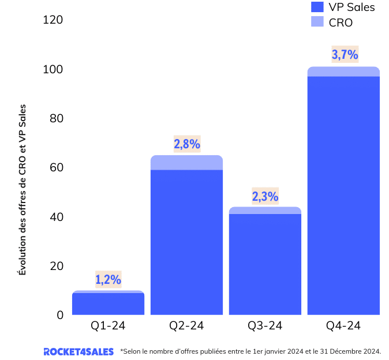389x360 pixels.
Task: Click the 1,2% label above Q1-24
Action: (x=108, y=280)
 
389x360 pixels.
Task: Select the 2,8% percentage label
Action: (x=186, y=144)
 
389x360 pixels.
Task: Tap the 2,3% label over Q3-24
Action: (x=265, y=196)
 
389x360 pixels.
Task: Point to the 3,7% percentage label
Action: (x=345, y=55)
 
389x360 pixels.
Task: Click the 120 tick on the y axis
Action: (x=53, y=20)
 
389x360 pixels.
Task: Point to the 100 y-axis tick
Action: (x=53, y=69)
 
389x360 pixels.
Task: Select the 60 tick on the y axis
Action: (x=56, y=168)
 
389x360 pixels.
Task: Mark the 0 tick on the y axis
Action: (x=60, y=315)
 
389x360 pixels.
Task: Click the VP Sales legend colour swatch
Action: (x=317, y=7)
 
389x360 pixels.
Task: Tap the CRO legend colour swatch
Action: (x=317, y=22)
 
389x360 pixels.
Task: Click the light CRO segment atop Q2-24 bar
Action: (x=186, y=163)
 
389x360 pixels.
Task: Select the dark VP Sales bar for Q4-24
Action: (x=343, y=196)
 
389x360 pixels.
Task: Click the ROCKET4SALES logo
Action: (x=78, y=351)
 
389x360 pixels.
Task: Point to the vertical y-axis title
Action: (x=23, y=189)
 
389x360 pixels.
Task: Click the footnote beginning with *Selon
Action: (x=250, y=351)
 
